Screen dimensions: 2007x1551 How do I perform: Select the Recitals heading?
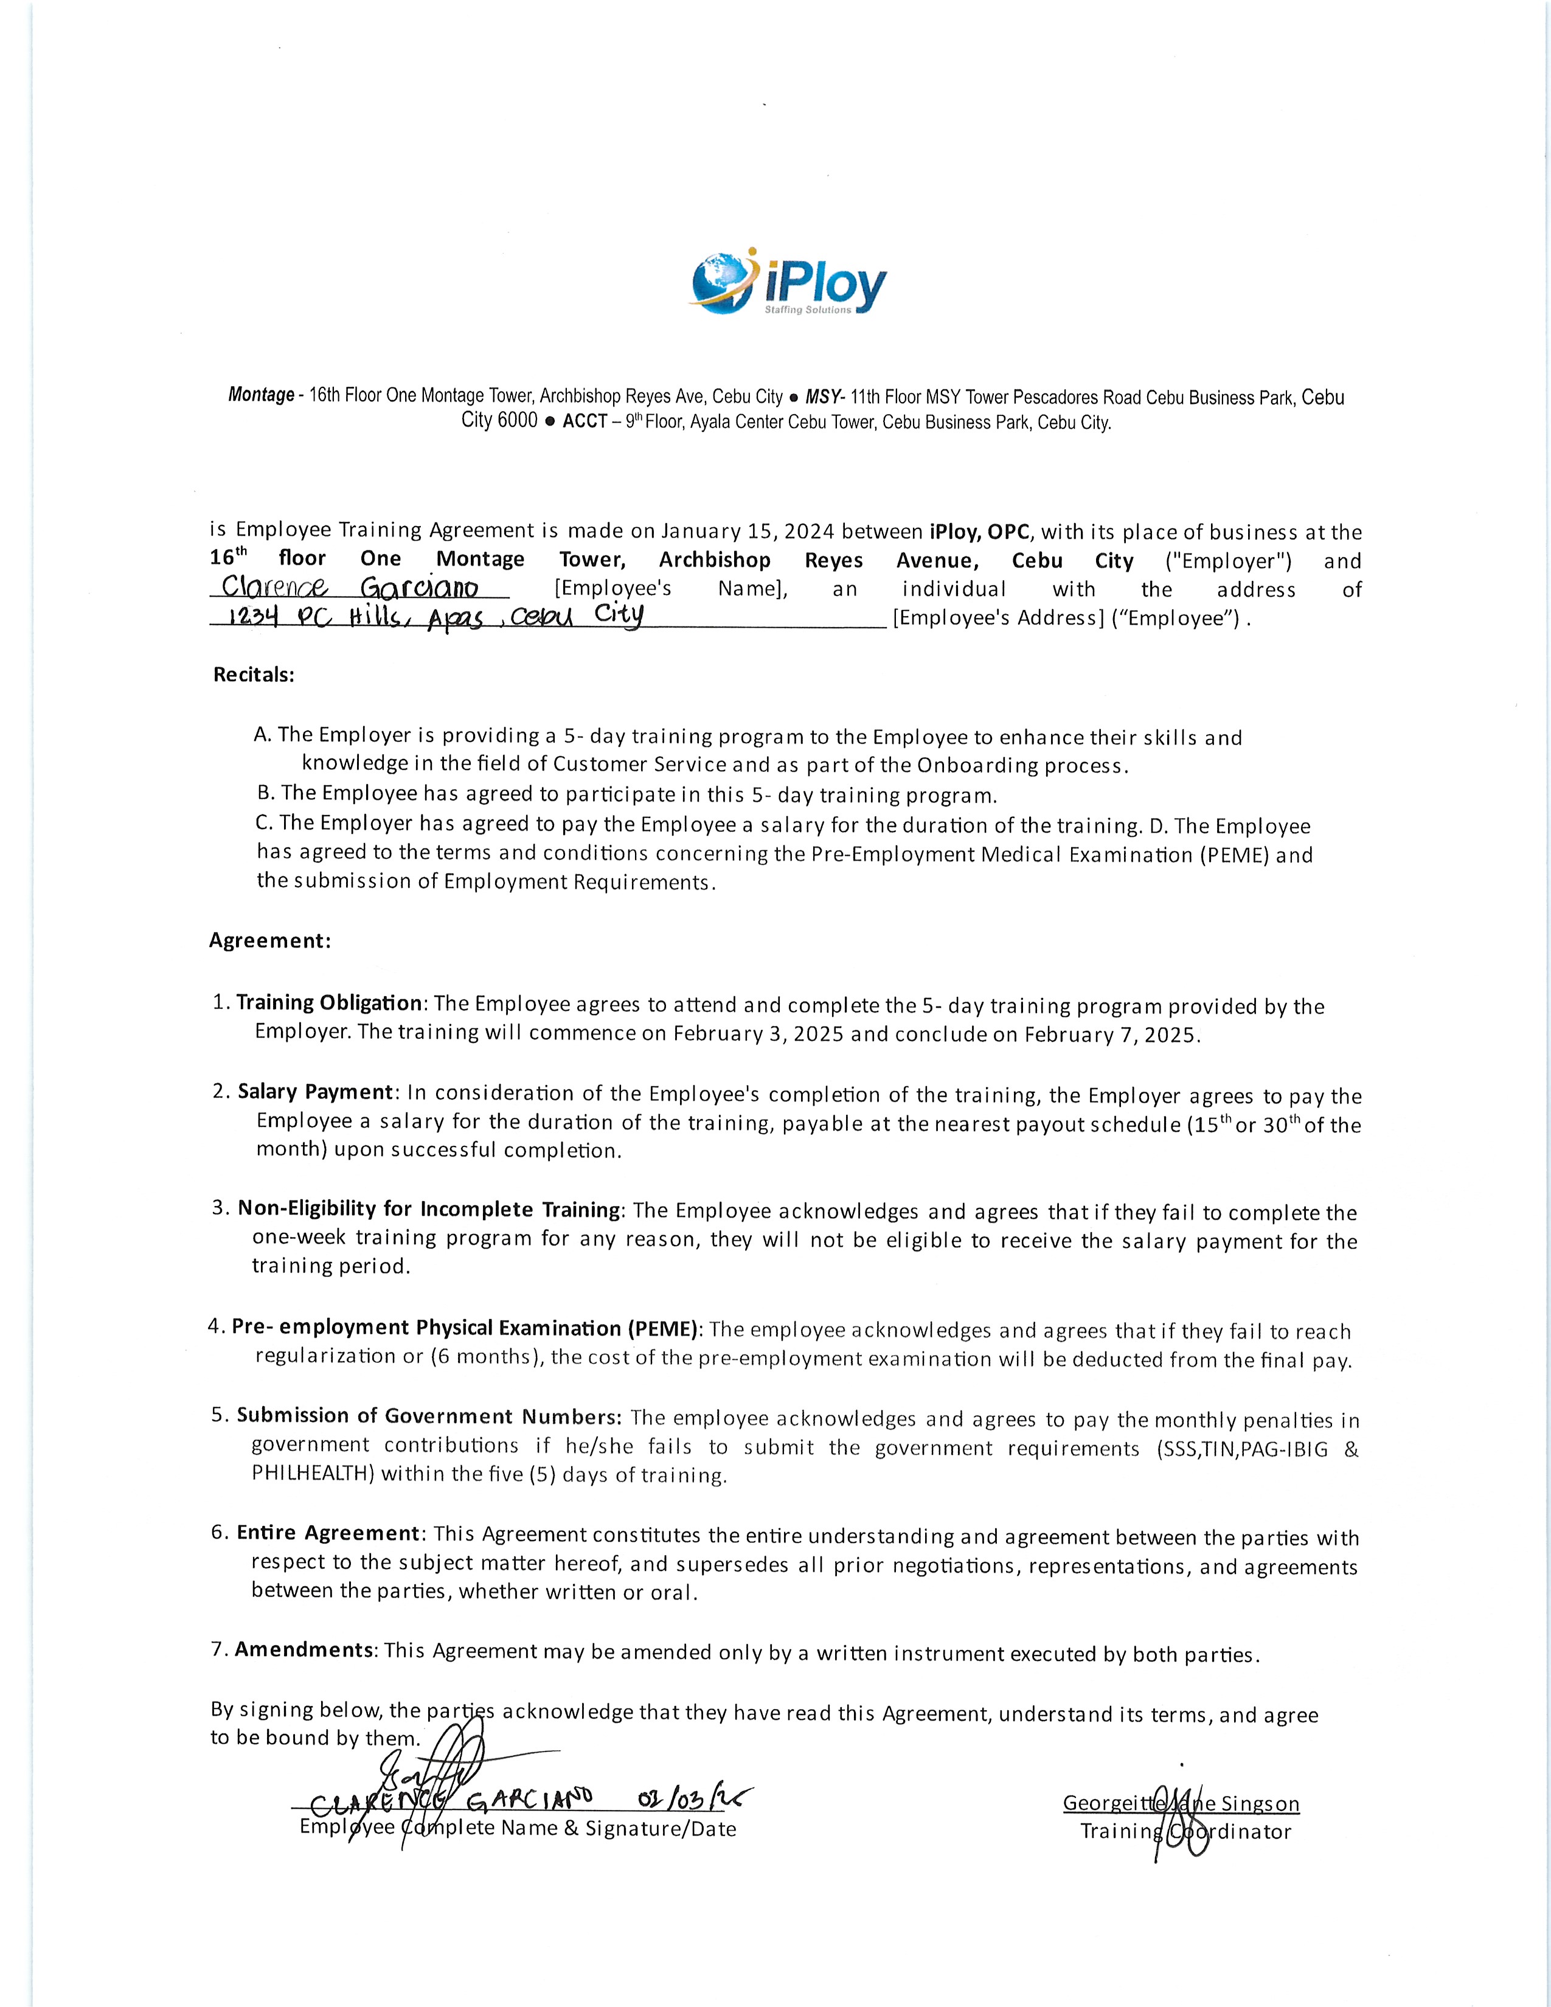coord(254,674)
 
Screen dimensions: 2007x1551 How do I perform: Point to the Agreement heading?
coord(269,940)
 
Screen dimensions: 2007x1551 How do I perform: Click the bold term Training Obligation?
coord(329,1002)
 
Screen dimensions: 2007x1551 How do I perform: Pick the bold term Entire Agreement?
coord(328,1533)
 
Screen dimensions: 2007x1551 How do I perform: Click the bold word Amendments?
coord(304,1649)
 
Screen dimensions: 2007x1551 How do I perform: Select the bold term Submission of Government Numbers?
coord(429,1415)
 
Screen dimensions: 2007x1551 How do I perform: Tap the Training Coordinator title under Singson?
coord(1185,1831)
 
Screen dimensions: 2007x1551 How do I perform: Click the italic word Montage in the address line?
coord(261,395)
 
